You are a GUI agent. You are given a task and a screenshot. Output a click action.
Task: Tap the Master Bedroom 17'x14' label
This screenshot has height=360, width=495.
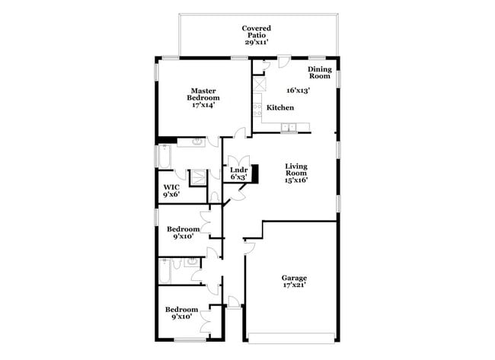pos(205,98)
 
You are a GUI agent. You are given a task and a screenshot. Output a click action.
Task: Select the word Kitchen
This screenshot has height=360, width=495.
pos(279,108)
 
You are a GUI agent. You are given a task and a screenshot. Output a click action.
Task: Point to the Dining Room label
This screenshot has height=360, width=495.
pos(319,72)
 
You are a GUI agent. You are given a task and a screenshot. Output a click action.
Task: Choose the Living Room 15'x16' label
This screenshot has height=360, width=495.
pos(296,174)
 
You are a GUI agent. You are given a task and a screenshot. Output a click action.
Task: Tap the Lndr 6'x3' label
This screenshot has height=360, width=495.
pos(238,174)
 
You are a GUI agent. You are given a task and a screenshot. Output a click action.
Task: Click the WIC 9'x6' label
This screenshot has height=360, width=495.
pos(171,191)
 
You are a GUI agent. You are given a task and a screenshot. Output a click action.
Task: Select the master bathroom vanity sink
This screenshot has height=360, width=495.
pos(197,142)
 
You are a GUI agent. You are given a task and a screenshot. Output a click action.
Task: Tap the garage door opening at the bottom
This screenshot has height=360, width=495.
pos(290,338)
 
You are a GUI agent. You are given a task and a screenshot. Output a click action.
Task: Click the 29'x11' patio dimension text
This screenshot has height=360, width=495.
pos(257,42)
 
